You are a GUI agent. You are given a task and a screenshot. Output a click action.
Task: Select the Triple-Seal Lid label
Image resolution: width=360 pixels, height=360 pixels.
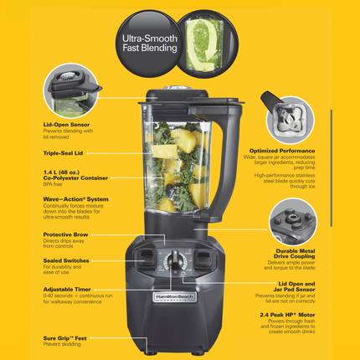pyautogui.click(x=64, y=153)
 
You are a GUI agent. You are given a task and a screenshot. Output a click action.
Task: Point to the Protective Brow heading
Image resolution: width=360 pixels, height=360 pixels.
pyautogui.click(x=66, y=235)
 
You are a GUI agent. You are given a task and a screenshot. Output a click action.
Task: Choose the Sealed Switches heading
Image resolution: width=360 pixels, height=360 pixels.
pyautogui.click(x=64, y=260)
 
